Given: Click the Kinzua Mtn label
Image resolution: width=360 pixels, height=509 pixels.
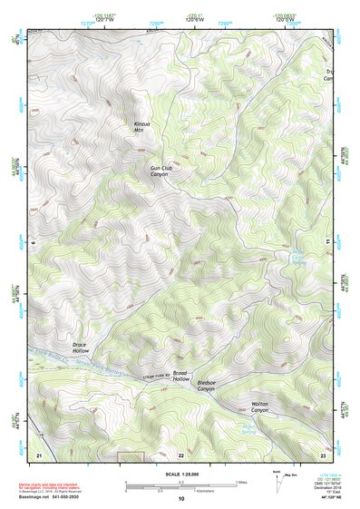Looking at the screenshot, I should click(x=142, y=127).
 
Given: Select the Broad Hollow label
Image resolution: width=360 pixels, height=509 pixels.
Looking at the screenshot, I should click(x=180, y=377).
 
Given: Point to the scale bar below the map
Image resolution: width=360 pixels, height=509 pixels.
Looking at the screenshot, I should click(x=180, y=486).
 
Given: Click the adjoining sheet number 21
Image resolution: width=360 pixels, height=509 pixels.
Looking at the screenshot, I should click(x=39, y=454).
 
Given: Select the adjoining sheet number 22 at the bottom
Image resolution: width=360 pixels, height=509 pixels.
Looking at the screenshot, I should click(x=180, y=455).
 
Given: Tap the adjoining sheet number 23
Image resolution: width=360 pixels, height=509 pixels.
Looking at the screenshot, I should click(x=323, y=454).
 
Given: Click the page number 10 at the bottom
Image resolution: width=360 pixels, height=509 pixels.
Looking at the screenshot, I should click(x=180, y=499).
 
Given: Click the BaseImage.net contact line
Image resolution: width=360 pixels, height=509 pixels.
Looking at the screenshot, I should click(x=50, y=497).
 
